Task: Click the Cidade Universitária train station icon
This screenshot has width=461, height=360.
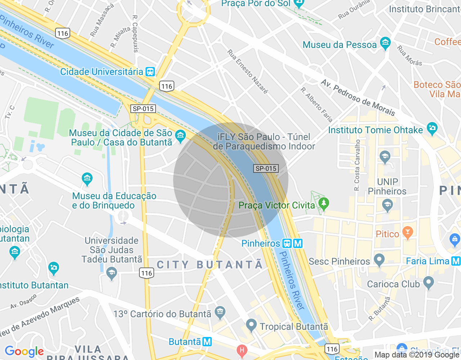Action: [x=150, y=72]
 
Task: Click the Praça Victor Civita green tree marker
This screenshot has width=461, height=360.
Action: [x=324, y=204]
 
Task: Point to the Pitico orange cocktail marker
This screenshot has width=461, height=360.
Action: [x=407, y=233]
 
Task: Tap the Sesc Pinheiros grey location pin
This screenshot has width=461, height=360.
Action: [x=379, y=260]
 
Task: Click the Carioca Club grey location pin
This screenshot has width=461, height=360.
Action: [x=428, y=283]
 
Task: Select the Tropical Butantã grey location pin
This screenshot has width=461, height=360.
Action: [x=251, y=325]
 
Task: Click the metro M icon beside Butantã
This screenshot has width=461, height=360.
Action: [x=207, y=341]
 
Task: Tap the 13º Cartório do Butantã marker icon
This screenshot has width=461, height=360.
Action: [x=220, y=312]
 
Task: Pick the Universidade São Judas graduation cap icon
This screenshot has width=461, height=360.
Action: [x=112, y=273]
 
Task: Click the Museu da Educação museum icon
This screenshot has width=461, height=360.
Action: [x=87, y=179]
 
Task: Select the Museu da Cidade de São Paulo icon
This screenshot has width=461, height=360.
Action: [x=180, y=136]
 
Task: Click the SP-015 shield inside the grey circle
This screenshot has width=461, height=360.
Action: [x=266, y=168]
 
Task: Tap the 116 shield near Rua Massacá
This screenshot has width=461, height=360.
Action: [x=63, y=33]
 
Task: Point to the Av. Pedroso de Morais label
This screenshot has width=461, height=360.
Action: [x=358, y=98]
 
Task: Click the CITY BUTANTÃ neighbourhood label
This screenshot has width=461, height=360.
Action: [x=210, y=265]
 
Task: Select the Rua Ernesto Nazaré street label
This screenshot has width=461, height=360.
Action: [x=247, y=72]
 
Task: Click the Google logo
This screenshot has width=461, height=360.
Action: [x=24, y=351]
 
